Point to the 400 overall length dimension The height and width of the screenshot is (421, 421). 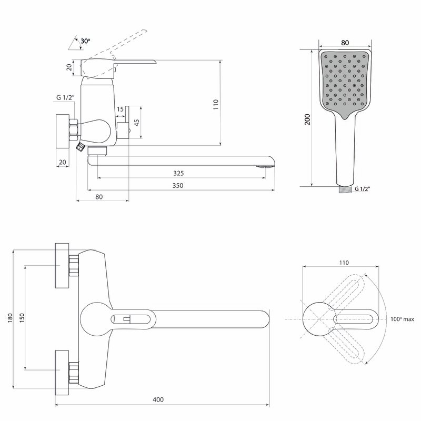158,399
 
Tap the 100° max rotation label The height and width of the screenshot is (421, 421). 402,319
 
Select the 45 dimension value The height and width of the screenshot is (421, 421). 136,123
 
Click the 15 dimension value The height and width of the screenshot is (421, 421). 120,109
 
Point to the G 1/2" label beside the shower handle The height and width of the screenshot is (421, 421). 363,188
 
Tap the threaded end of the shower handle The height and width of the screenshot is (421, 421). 343,188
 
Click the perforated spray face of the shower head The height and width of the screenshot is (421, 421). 345,82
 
